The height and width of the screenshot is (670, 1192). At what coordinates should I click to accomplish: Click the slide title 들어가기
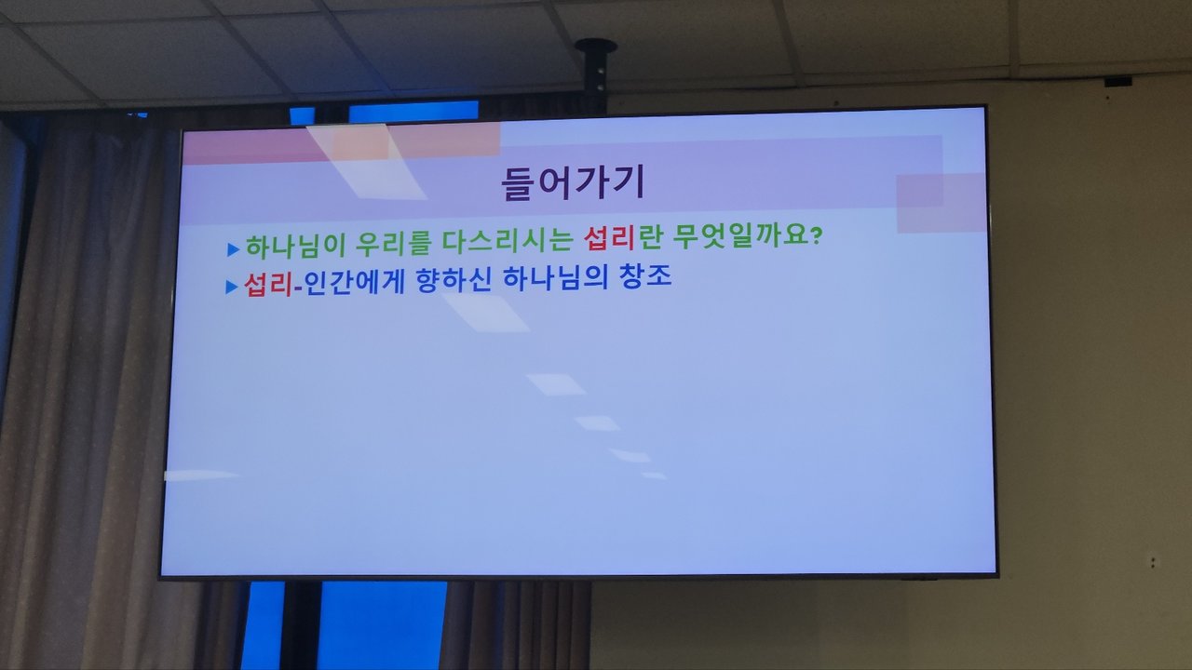573,182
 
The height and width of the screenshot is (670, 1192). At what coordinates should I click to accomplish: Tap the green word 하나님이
296,246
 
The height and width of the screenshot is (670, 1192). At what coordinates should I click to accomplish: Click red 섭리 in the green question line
609,238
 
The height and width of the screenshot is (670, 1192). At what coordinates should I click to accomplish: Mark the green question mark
816,235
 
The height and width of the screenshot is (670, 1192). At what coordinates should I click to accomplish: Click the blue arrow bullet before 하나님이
233,248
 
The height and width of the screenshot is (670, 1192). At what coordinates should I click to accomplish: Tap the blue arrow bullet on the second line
232,288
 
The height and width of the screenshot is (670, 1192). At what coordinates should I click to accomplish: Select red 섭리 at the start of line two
269,285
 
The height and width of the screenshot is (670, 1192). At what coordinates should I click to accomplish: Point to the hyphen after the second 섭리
298,288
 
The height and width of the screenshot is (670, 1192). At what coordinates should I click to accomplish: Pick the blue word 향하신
454,280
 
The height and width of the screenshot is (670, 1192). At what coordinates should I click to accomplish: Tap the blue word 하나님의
555,277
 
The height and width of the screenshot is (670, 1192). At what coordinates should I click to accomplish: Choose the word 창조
645,276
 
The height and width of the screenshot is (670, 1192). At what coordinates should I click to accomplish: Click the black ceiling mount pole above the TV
595,73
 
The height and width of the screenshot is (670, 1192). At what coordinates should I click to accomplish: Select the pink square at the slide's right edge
941,203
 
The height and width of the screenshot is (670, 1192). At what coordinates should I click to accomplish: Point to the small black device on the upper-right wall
1117,82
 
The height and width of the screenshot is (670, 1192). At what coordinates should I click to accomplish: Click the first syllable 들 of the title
517,184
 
